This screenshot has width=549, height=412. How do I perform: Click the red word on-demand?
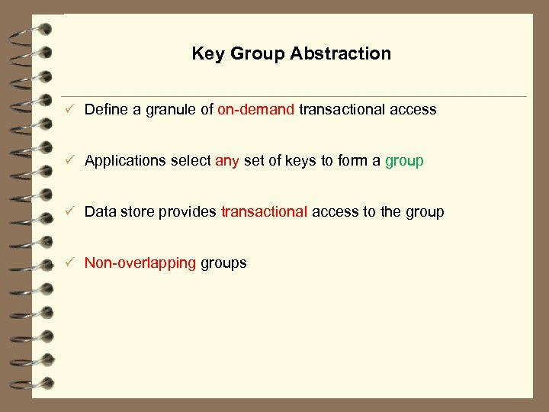tap(255, 109)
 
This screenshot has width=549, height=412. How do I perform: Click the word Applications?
tap(124, 161)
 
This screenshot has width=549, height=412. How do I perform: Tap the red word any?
tap(227, 161)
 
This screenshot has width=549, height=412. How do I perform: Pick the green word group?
tap(404, 161)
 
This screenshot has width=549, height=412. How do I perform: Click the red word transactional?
tap(265, 211)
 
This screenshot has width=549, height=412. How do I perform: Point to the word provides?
tap(188, 211)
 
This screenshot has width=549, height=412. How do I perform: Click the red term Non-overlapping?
tap(140, 263)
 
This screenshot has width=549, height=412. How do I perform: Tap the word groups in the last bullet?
tap(223, 263)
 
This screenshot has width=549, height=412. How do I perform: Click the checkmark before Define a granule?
tap(69, 110)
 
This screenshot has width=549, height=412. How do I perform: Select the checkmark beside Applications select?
tap(69, 161)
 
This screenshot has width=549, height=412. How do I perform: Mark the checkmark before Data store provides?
tap(69, 212)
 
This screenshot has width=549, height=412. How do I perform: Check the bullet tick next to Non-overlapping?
tap(69, 263)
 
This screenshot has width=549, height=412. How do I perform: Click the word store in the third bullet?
tap(136, 211)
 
